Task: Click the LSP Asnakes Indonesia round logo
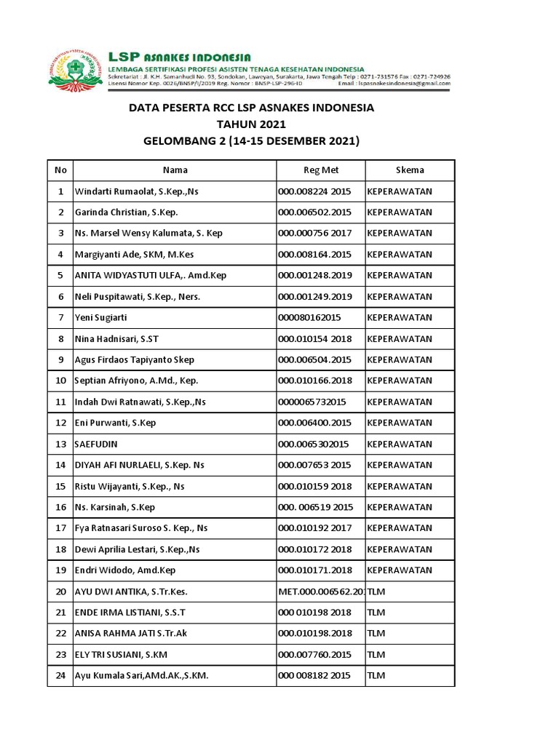[76, 69]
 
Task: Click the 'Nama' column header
[175, 170]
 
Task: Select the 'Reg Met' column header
[321, 170]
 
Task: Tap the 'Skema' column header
[410, 170]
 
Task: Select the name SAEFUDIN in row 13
[96, 444]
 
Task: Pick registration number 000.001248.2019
[314, 276]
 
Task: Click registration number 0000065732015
[312, 402]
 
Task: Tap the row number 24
[60, 676]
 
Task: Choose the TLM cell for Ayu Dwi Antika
[376, 591]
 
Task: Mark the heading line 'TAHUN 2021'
[251, 124]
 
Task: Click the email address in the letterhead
[405, 84]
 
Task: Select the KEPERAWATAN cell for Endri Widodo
[400, 570]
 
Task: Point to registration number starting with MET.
[321, 591]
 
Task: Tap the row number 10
[60, 381]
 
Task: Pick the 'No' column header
[60, 170]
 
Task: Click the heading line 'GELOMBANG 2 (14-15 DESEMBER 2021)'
[251, 140]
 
